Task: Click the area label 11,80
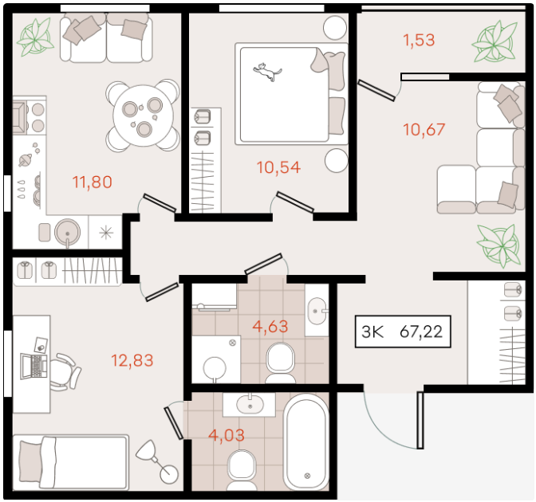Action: (93, 182)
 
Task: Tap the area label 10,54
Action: (278, 167)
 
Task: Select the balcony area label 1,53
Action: (419, 40)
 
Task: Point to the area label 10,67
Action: (424, 129)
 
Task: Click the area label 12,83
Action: (132, 360)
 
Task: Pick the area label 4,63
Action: (270, 327)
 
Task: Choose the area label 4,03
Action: (227, 435)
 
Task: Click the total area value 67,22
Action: (421, 331)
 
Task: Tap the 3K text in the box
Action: (372, 331)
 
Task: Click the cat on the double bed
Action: (267, 72)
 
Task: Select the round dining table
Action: (144, 116)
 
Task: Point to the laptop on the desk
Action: (33, 367)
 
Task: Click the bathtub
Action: (306, 442)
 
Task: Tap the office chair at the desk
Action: (65, 371)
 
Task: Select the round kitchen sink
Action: (67, 232)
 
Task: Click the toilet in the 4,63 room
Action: (280, 363)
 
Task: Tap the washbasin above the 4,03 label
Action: (249, 404)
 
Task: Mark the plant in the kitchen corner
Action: (36, 37)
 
